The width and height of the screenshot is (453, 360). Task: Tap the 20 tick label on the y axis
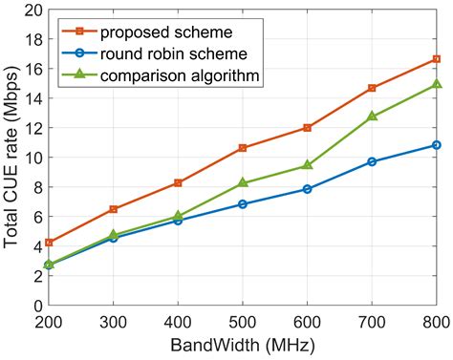[x=32, y=11]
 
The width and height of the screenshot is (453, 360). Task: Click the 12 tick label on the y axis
[x=32, y=128]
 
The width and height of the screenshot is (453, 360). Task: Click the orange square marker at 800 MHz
[x=436, y=59]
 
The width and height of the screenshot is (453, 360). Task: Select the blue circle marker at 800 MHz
[x=436, y=145]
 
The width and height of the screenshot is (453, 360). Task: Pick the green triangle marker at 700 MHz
[x=372, y=116]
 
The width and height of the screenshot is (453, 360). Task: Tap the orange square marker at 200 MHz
[x=49, y=243]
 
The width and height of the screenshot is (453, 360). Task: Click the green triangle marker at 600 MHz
[x=307, y=165]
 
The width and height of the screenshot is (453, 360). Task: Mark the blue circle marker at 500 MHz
[x=243, y=203]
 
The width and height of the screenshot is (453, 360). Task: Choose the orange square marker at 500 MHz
[x=243, y=148]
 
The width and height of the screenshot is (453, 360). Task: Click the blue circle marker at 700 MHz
[x=372, y=161]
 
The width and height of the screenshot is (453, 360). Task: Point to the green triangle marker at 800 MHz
[x=436, y=84]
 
